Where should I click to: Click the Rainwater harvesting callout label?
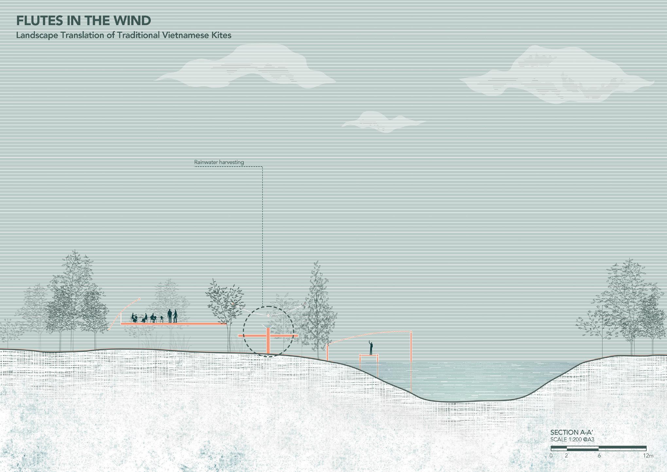pyautogui.click(x=219, y=162)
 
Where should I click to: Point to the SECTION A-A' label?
pyautogui.click(x=571, y=432)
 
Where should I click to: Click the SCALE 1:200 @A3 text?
pyautogui.click(x=572, y=439)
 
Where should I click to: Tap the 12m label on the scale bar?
pyautogui.click(x=648, y=456)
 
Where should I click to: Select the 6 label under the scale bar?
pyautogui.click(x=599, y=456)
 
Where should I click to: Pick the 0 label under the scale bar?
pyautogui.click(x=551, y=456)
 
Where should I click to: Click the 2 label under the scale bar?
pyautogui.click(x=566, y=456)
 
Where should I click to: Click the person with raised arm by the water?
pyautogui.click(x=371, y=348)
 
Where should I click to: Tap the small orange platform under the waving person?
pyautogui.click(x=369, y=355)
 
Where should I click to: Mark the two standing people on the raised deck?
pyautogui.click(x=172, y=316)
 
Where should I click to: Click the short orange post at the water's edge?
pyautogui.click(x=327, y=353)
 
